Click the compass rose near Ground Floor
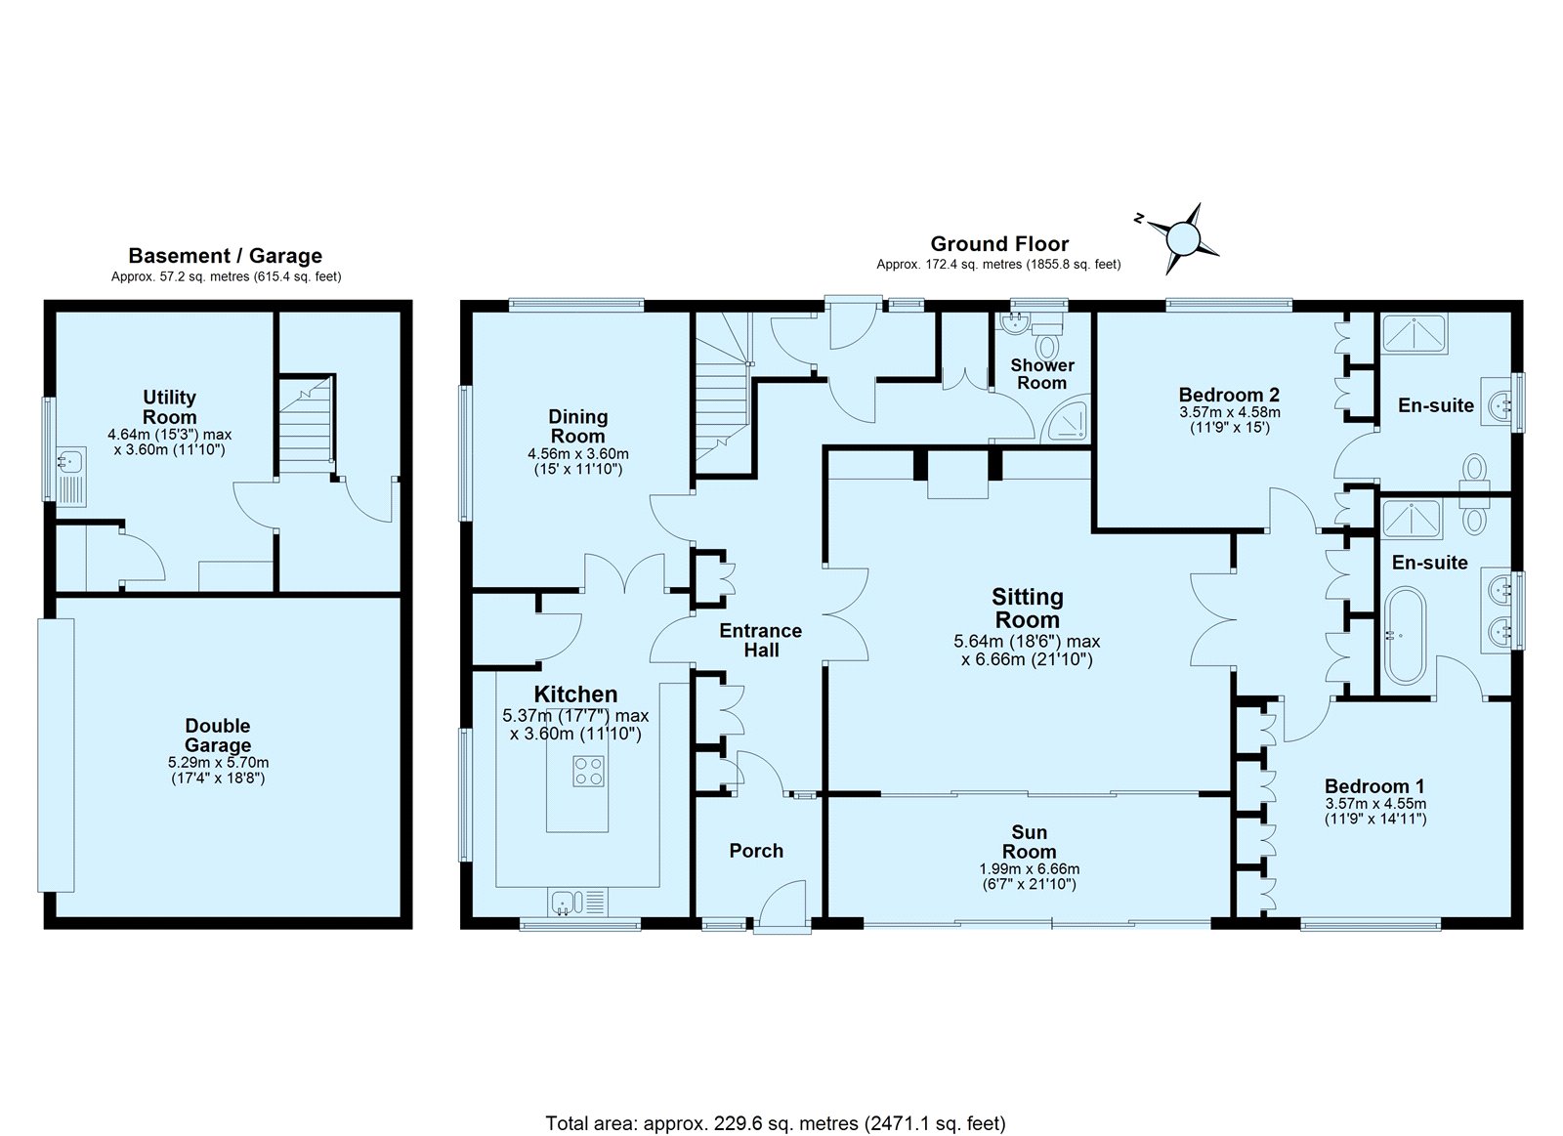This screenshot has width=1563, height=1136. (x=1183, y=238)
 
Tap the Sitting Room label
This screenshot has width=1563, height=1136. (x=1027, y=609)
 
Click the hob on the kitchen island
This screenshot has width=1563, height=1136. (x=587, y=771)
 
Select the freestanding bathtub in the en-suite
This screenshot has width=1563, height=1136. (x=1405, y=636)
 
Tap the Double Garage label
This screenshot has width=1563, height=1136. (x=218, y=736)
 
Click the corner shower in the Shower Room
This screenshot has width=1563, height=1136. (x=1064, y=421)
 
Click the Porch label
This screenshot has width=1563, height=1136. (x=756, y=851)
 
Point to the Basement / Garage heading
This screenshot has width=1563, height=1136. (x=225, y=255)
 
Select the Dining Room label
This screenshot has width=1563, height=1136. (x=577, y=426)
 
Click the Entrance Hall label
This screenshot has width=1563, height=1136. (x=761, y=640)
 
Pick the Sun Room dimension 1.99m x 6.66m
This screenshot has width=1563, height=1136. (x=1030, y=869)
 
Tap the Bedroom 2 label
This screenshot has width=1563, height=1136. (x=1229, y=395)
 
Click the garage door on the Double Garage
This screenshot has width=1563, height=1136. (x=56, y=756)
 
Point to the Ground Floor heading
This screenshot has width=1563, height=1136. (x=999, y=244)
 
